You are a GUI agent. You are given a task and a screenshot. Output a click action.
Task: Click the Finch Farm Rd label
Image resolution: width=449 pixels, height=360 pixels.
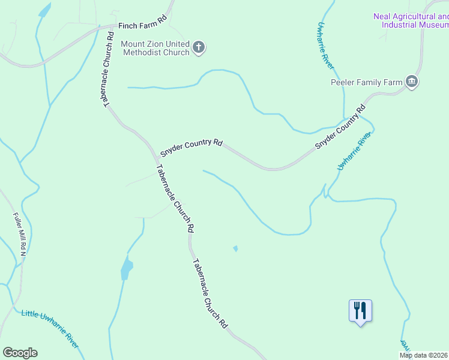(x=142, y=23)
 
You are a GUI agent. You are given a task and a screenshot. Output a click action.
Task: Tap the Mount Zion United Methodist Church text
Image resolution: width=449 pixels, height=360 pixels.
(x=155, y=48)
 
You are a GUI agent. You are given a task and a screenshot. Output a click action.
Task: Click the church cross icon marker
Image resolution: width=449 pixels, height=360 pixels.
(x=199, y=47)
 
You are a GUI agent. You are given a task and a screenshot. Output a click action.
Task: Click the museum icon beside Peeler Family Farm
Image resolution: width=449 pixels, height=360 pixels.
(x=412, y=82)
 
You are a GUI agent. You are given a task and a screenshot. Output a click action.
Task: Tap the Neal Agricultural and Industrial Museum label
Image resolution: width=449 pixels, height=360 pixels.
(x=411, y=21)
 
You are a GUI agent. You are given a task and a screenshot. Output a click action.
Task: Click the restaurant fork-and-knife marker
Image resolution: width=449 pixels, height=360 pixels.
(x=360, y=311)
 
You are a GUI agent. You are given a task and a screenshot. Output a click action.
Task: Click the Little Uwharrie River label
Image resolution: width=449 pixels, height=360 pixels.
(x=50, y=329)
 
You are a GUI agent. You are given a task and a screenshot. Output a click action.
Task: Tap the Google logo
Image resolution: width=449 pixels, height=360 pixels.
(x=20, y=353)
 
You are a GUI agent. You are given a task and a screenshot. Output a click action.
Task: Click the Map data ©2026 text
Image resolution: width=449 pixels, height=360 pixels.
(x=423, y=355)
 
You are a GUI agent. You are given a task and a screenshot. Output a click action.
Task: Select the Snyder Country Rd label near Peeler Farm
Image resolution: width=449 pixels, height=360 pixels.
(x=340, y=128)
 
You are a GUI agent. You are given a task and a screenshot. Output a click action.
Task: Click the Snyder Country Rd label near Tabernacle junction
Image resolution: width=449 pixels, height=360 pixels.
(x=191, y=145)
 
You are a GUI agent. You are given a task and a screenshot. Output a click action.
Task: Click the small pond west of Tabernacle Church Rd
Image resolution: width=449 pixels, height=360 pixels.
(x=126, y=268)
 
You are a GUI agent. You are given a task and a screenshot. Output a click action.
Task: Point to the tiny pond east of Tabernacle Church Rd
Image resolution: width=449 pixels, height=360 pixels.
(x=235, y=248)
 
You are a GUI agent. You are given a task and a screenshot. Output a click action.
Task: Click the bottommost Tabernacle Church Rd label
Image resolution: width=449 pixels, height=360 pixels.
(x=211, y=293)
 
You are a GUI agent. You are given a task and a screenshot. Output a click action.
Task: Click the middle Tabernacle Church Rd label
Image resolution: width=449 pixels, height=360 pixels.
(x=175, y=199)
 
